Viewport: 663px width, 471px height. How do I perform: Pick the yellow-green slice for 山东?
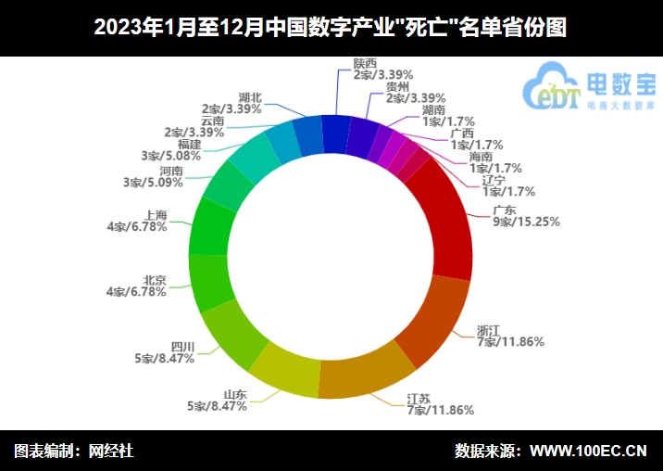click(x=283, y=371)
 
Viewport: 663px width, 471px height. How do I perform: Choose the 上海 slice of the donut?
click(x=209, y=226)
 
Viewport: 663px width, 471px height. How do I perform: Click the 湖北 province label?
click(x=250, y=96)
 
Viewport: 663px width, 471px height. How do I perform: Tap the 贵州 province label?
click(x=400, y=85)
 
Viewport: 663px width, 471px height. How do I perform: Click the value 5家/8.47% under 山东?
click(x=215, y=405)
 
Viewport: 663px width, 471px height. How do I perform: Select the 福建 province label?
click(x=189, y=144)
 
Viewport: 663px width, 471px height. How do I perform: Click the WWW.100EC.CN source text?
click(x=587, y=452)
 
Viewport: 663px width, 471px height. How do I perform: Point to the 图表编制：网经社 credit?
click(x=74, y=452)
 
